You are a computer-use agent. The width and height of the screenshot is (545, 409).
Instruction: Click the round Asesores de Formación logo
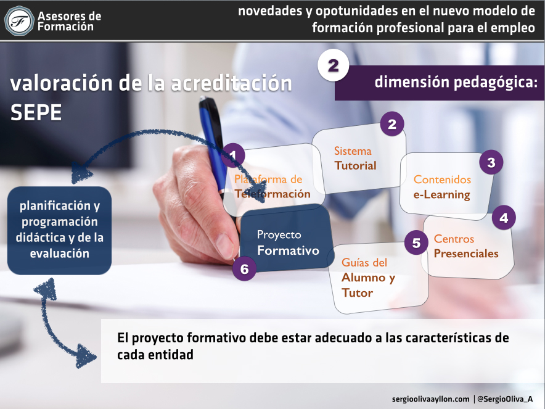tap(19, 21)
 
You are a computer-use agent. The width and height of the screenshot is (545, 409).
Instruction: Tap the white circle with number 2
tap(333, 65)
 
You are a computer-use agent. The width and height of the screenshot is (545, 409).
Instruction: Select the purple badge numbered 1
tap(233, 155)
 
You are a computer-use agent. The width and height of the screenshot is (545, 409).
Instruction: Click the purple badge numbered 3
tap(491, 162)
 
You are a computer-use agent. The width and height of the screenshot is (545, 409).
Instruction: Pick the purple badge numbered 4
tap(504, 218)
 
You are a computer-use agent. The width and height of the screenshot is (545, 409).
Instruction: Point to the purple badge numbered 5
tap(416, 243)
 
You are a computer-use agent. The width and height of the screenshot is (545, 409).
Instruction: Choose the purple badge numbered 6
tap(244, 268)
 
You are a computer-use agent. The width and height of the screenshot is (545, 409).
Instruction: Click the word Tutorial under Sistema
tap(355, 165)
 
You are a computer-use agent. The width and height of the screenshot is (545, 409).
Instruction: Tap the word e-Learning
tap(442, 195)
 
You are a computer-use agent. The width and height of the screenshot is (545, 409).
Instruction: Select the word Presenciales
tap(466, 254)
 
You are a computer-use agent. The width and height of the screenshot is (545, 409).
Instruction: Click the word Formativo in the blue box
tap(288, 250)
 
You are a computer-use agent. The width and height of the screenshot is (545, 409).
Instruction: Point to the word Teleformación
tap(272, 194)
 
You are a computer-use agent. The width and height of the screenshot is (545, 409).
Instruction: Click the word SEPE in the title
tap(36, 112)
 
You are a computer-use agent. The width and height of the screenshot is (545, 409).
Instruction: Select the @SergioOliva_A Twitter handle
tap(505, 399)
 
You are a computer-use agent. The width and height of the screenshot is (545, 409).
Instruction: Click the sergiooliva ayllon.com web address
tap(431, 399)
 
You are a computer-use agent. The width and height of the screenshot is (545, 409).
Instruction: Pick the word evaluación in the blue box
tap(59, 253)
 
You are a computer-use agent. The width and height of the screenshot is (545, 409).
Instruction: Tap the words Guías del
tap(364, 262)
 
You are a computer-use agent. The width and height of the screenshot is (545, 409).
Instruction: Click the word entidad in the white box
tap(171, 355)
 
